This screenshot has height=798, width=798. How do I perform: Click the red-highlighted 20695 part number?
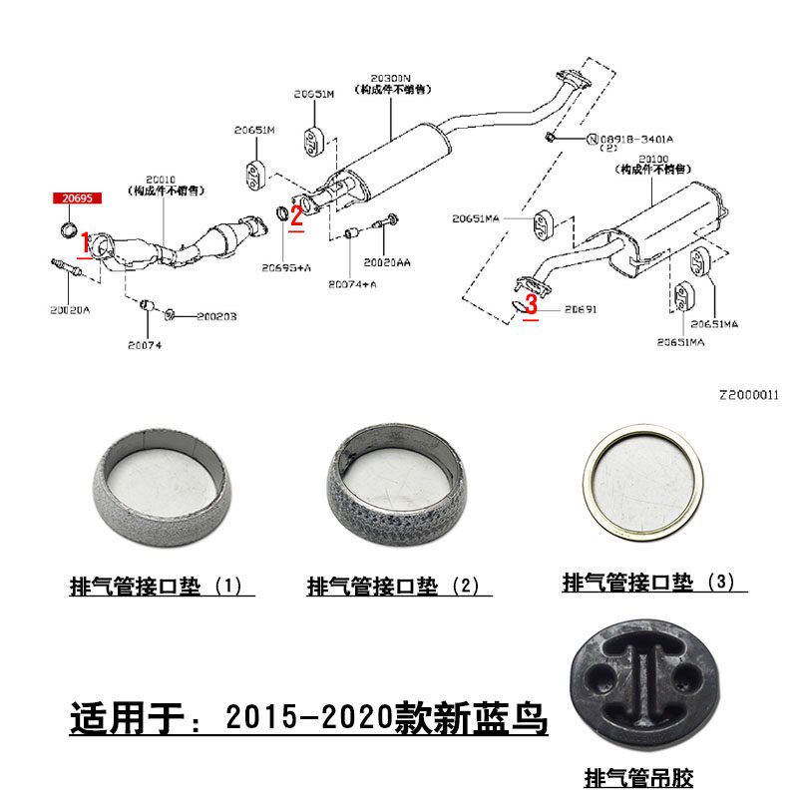[77, 199]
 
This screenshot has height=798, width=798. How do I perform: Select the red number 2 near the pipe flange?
[296, 213]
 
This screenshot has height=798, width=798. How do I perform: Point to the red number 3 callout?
[532, 304]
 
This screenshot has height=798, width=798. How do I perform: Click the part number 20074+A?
[351, 284]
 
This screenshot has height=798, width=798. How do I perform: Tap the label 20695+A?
[287, 267]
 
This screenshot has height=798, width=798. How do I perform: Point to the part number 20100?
[659, 159]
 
